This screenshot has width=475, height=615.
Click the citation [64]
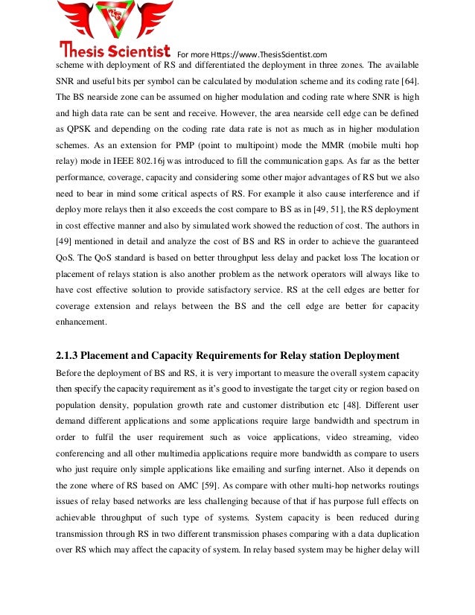409,80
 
